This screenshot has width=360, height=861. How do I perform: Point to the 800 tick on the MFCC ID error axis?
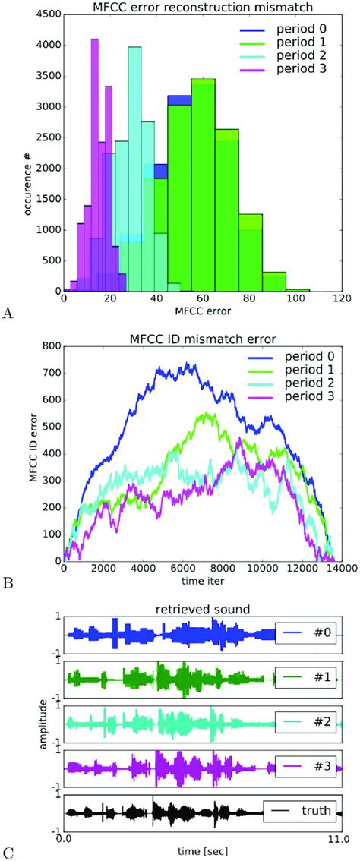[51, 345]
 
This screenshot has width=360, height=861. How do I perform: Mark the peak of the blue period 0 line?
[187, 364]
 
